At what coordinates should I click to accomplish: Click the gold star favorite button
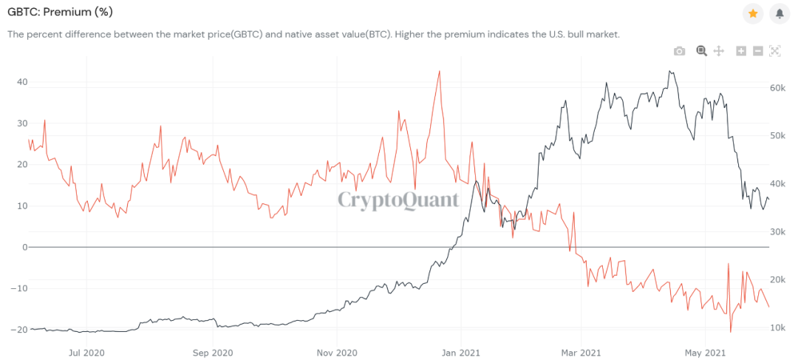coord(753,13)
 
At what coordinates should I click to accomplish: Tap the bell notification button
coord(779,13)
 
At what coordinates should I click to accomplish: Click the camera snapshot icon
coord(679,51)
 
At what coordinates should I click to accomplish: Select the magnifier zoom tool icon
coord(701,51)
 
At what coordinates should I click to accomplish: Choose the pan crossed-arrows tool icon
coord(718,51)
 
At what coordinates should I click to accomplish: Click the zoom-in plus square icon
coord(741,51)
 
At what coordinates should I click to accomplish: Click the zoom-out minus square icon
coord(758,51)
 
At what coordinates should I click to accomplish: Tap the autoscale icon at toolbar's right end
coord(775,51)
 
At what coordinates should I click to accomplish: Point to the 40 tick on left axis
coord(22,82)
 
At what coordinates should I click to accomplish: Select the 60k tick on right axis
coord(777,88)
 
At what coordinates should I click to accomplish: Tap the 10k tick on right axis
coord(777,328)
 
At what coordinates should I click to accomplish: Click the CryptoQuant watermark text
coord(398,200)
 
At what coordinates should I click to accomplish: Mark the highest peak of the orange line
coord(439,72)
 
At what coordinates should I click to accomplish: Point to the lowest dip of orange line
coord(730,332)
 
